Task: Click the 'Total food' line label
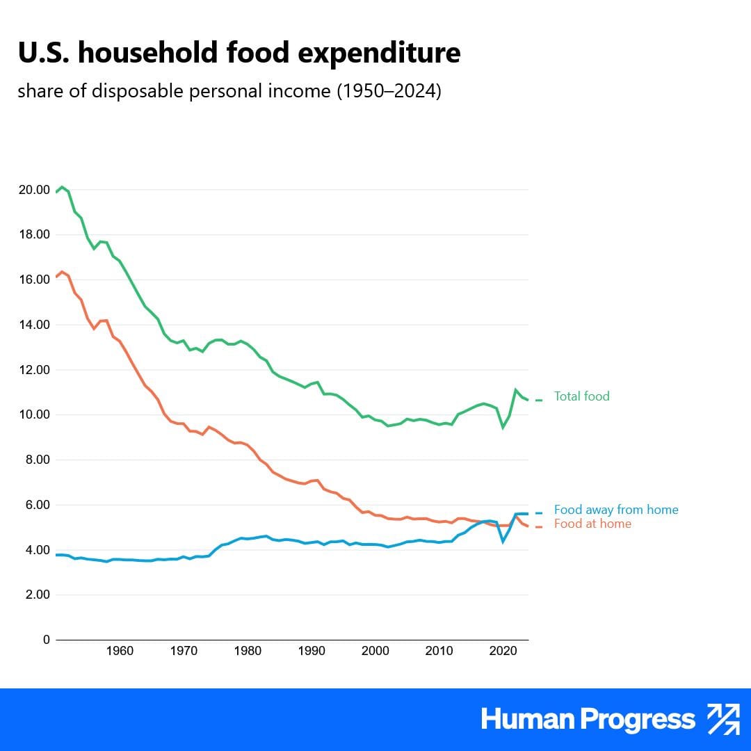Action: [581, 396]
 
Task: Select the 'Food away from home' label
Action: [616, 510]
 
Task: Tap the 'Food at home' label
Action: [592, 524]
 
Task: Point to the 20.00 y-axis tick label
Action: [33, 190]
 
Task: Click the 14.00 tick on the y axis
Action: [33, 325]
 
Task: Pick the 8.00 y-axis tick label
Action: [35, 460]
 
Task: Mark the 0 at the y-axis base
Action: [47, 640]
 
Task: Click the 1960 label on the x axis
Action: [120, 652]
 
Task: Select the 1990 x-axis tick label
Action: [312, 652]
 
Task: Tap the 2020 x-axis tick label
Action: [503, 652]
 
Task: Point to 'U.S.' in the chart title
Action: [42, 53]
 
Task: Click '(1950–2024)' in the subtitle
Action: [389, 92]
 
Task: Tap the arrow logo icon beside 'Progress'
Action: [723, 719]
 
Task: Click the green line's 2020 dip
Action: [503, 427]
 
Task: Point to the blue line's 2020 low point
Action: [503, 541]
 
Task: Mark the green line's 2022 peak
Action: [515, 390]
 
